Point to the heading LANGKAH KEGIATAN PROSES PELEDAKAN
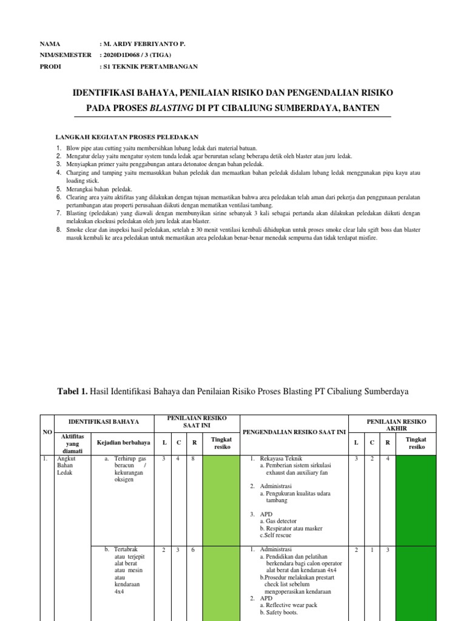[x=127, y=137]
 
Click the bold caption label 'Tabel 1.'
[x=73, y=392]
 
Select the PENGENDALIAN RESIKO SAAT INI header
[x=294, y=431]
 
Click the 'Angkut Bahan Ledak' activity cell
[x=65, y=466]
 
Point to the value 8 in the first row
[x=194, y=459]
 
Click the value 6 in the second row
[x=194, y=550]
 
